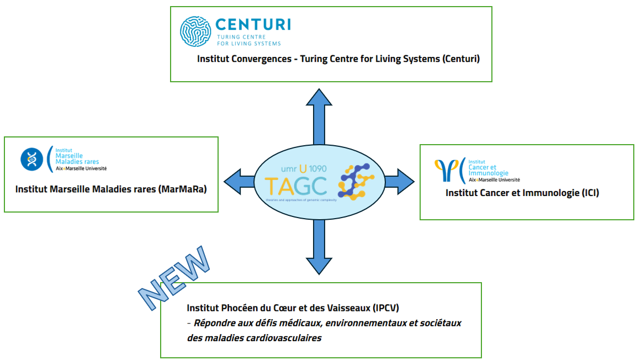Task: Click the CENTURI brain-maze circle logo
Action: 196,31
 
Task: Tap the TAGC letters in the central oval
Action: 295,185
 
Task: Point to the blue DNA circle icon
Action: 31,159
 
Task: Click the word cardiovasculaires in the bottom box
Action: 288,338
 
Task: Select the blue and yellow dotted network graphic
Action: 357,181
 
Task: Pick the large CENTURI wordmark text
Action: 253,24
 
